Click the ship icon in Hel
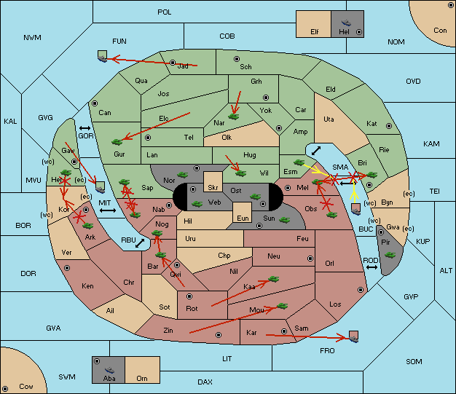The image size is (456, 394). pyautogui.click(x=346, y=23)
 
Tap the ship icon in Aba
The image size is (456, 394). pyautogui.click(x=110, y=369)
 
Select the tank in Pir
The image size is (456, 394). pyautogui.click(x=390, y=255)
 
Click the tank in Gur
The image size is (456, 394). pyautogui.click(x=117, y=142)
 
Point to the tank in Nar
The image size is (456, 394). pyautogui.click(x=234, y=117)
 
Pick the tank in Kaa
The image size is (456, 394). pyautogui.click(x=273, y=279)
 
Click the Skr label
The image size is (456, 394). pyautogui.click(x=213, y=188)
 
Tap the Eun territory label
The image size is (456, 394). pyautogui.click(x=243, y=218)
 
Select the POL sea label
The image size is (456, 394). pyautogui.click(x=165, y=12)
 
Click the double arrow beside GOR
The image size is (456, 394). pyautogui.click(x=84, y=128)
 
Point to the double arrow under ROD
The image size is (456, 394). pyautogui.click(x=372, y=267)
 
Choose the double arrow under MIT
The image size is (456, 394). pyautogui.click(x=108, y=210)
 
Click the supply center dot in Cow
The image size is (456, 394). pyautogui.click(x=5, y=388)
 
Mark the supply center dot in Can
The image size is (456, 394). pyautogui.click(x=95, y=103)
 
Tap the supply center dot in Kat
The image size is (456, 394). pyautogui.click(x=389, y=126)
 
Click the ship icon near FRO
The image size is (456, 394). pyautogui.click(x=353, y=336)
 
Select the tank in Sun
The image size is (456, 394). pyautogui.click(x=284, y=220)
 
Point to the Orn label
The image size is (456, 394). pyautogui.click(x=142, y=378)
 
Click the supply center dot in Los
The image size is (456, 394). pyautogui.click(x=361, y=290)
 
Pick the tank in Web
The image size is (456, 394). pyautogui.click(x=197, y=203)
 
